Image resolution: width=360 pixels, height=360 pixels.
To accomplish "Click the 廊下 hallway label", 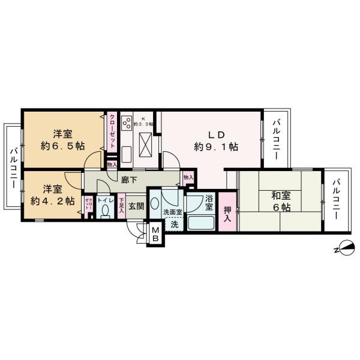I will click(x=129, y=179).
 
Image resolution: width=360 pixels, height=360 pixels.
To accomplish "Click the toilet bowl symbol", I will click(x=104, y=212).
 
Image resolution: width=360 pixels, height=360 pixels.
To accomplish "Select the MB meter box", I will click(x=155, y=233).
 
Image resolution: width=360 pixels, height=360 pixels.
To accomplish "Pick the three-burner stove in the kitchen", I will click(x=127, y=123).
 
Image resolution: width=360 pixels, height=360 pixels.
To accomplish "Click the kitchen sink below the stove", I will click(x=127, y=154).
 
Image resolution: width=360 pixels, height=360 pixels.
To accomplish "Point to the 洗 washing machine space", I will click(x=174, y=224).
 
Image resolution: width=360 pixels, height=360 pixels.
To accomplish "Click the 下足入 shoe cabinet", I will click(x=121, y=207).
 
